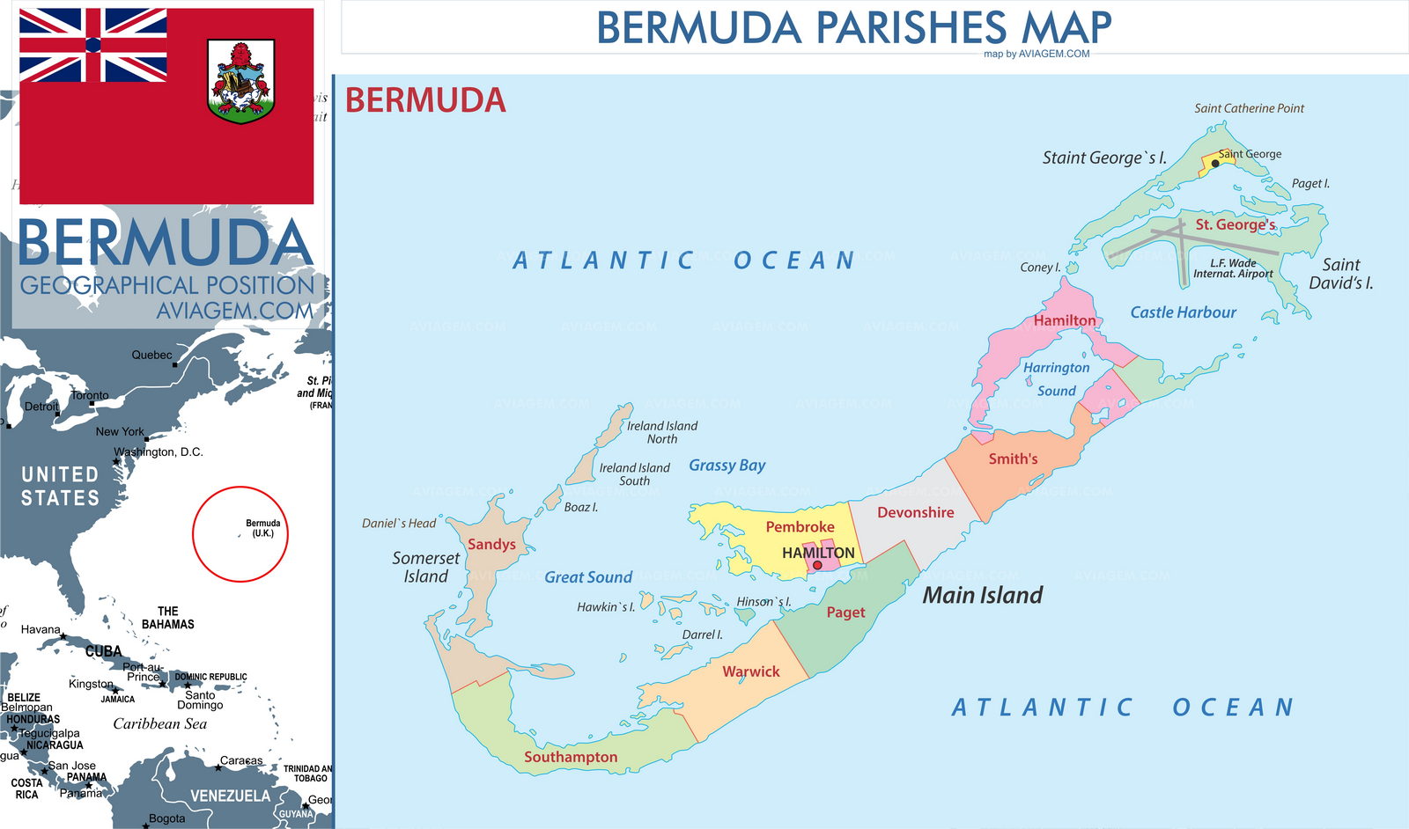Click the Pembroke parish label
pyautogui.click(x=800, y=526)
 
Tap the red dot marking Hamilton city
pyautogui.click(x=817, y=566)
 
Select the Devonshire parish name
pyautogui.click(x=915, y=512)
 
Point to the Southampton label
pyautogui.click(x=571, y=757)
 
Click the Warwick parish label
pyautogui.click(x=751, y=671)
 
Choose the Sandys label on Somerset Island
pyautogui.click(x=491, y=544)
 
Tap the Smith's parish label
pyautogui.click(x=1013, y=459)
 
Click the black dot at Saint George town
pyautogui.click(x=1215, y=164)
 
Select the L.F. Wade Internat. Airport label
pyautogui.click(x=1233, y=268)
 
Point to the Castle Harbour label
pyautogui.click(x=1183, y=312)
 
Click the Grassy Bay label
pyautogui.click(x=727, y=465)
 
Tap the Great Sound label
pyautogui.click(x=588, y=577)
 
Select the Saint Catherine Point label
pyautogui.click(x=1249, y=108)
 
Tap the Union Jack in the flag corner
pyautogui.click(x=92, y=45)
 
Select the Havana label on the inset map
pyautogui.click(x=41, y=629)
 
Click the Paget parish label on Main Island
pyautogui.click(x=845, y=612)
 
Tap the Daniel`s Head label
pyautogui.click(x=399, y=523)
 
